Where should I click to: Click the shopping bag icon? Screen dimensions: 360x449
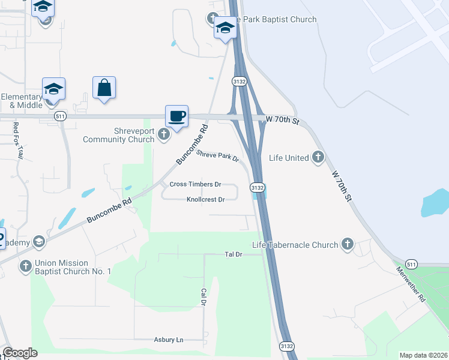coord(104,88)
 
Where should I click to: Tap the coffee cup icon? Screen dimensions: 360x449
coord(176,116)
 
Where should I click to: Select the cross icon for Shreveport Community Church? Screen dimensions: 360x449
coord(165,136)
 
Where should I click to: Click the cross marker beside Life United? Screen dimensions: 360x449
coord(318,158)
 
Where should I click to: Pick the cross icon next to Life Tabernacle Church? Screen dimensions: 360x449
coord(347,244)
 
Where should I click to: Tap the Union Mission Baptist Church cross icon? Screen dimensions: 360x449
coord(25,266)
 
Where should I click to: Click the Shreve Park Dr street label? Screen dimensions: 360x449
coord(218,157)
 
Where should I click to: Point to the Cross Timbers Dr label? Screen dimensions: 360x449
coord(195,184)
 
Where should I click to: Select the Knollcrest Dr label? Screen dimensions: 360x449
coord(205,199)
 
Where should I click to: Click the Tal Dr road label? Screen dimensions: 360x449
coord(233,254)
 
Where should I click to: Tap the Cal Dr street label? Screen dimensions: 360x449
coord(203,296)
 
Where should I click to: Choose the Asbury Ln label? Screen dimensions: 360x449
coord(169,340)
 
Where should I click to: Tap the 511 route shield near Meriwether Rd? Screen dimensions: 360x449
coord(411,264)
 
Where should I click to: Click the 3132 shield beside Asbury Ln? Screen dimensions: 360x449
coord(287,346)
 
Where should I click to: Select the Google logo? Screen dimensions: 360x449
coord(20,353)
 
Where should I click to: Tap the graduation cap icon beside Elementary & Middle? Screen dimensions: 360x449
coord(53,89)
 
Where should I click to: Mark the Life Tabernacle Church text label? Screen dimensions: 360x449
coord(295,245)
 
